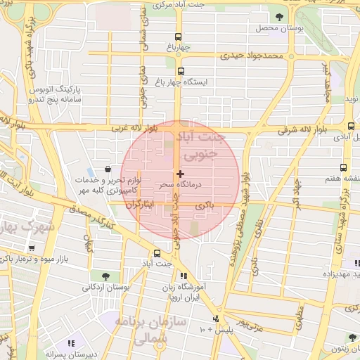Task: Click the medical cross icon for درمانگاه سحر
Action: (180, 173)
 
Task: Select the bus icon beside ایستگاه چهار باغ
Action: (181, 71)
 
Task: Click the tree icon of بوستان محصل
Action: (280, 16)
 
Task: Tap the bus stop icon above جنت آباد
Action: (157, 254)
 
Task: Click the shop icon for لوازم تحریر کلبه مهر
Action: (107, 169)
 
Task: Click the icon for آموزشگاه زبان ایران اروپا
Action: (184, 276)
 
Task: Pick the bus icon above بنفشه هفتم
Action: (342, 168)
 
